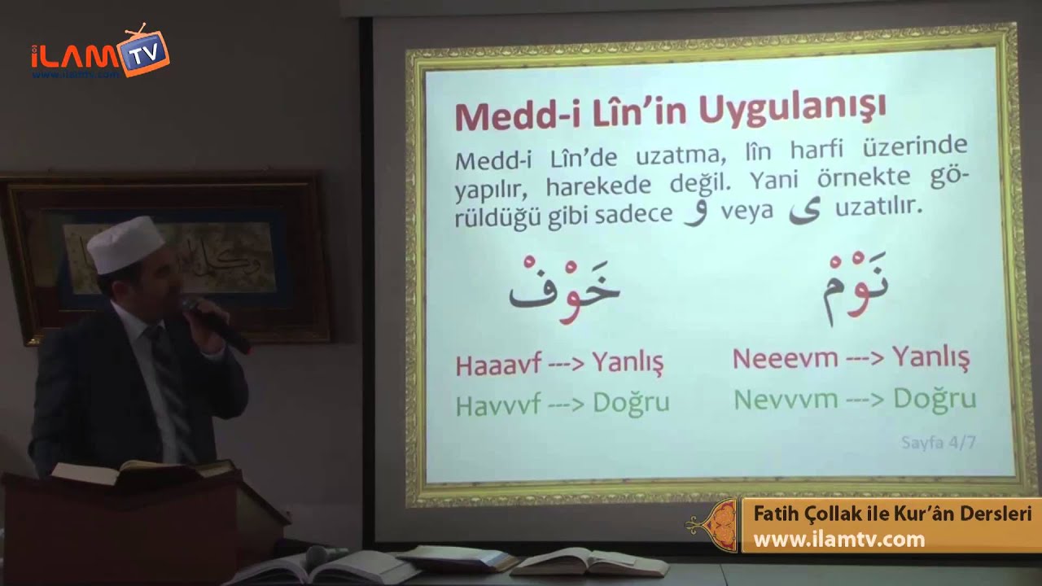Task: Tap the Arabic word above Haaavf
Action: tap(564, 289)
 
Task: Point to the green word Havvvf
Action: tap(498, 405)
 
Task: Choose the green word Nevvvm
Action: tap(786, 399)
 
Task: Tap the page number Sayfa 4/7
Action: tap(938, 443)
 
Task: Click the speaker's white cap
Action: tap(126, 243)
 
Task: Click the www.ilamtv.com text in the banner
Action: tap(838, 540)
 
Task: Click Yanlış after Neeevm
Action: tap(930, 356)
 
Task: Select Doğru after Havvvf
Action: tap(631, 404)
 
